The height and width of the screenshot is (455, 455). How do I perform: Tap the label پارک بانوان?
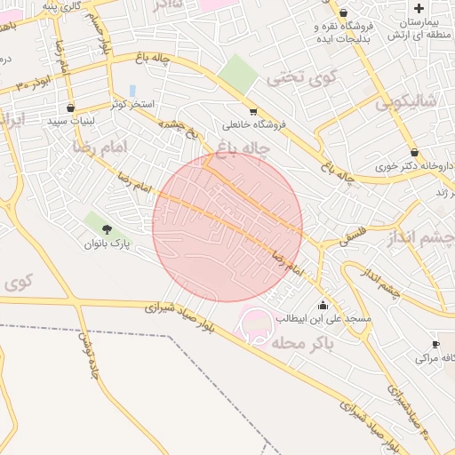(108, 243)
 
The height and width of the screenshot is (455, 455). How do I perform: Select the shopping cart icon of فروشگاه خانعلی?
(253, 112)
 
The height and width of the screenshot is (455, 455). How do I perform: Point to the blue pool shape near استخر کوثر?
(132, 91)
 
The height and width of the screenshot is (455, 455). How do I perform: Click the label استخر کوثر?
(132, 105)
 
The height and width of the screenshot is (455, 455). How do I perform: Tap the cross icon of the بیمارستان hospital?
(419, 7)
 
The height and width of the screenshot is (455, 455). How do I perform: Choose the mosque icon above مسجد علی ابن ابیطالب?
(322, 305)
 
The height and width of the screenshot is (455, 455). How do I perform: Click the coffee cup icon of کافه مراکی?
(435, 344)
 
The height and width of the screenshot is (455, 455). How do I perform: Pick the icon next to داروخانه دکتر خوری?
(414, 152)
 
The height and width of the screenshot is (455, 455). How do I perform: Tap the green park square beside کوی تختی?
(237, 75)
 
